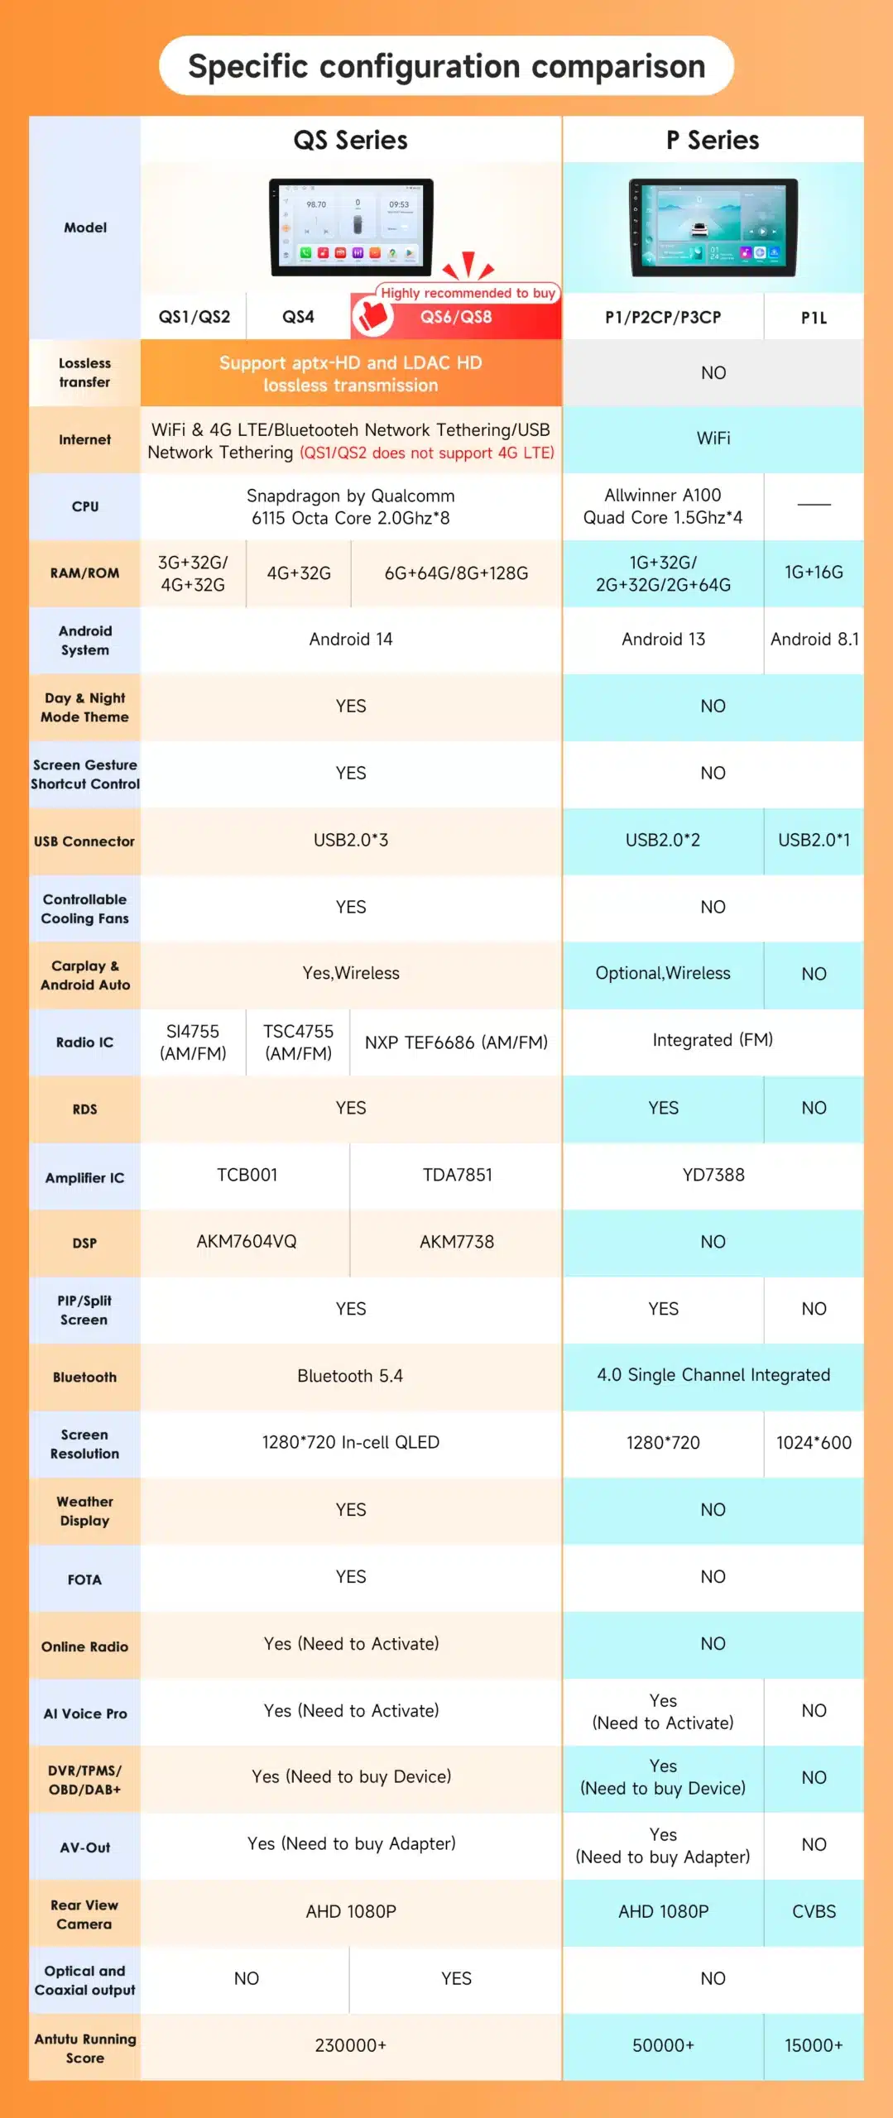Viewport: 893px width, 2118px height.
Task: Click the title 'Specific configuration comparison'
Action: tap(446, 66)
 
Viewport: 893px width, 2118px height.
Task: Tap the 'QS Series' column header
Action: tap(350, 140)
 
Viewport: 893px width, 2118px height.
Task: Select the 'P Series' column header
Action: tap(713, 140)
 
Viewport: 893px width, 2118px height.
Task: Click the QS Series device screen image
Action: tap(351, 227)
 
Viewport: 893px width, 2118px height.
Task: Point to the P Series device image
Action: tap(713, 228)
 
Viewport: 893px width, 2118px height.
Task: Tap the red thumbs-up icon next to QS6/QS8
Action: tap(372, 315)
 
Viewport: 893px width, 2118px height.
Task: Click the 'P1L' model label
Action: tap(814, 317)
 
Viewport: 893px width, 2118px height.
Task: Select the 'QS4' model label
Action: tap(298, 317)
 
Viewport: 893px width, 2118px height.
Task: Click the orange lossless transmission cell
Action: tap(350, 373)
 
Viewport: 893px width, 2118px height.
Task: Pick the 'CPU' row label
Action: tap(84, 506)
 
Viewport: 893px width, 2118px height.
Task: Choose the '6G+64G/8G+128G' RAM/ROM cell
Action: tap(456, 573)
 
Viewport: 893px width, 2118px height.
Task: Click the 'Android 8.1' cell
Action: tap(814, 640)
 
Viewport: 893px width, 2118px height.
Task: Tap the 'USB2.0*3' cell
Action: tap(350, 840)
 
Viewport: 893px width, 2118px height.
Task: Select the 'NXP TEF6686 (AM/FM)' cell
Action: tap(456, 1042)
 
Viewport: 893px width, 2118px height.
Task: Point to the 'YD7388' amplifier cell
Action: tap(713, 1175)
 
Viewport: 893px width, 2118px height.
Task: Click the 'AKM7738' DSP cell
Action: tap(456, 1242)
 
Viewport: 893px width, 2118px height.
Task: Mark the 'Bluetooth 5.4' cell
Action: tap(350, 1376)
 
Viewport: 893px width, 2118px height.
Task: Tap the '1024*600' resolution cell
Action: tap(814, 1443)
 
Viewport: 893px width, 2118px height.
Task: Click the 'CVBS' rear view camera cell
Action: tap(814, 1911)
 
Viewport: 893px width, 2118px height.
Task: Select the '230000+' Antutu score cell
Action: tap(350, 2045)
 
